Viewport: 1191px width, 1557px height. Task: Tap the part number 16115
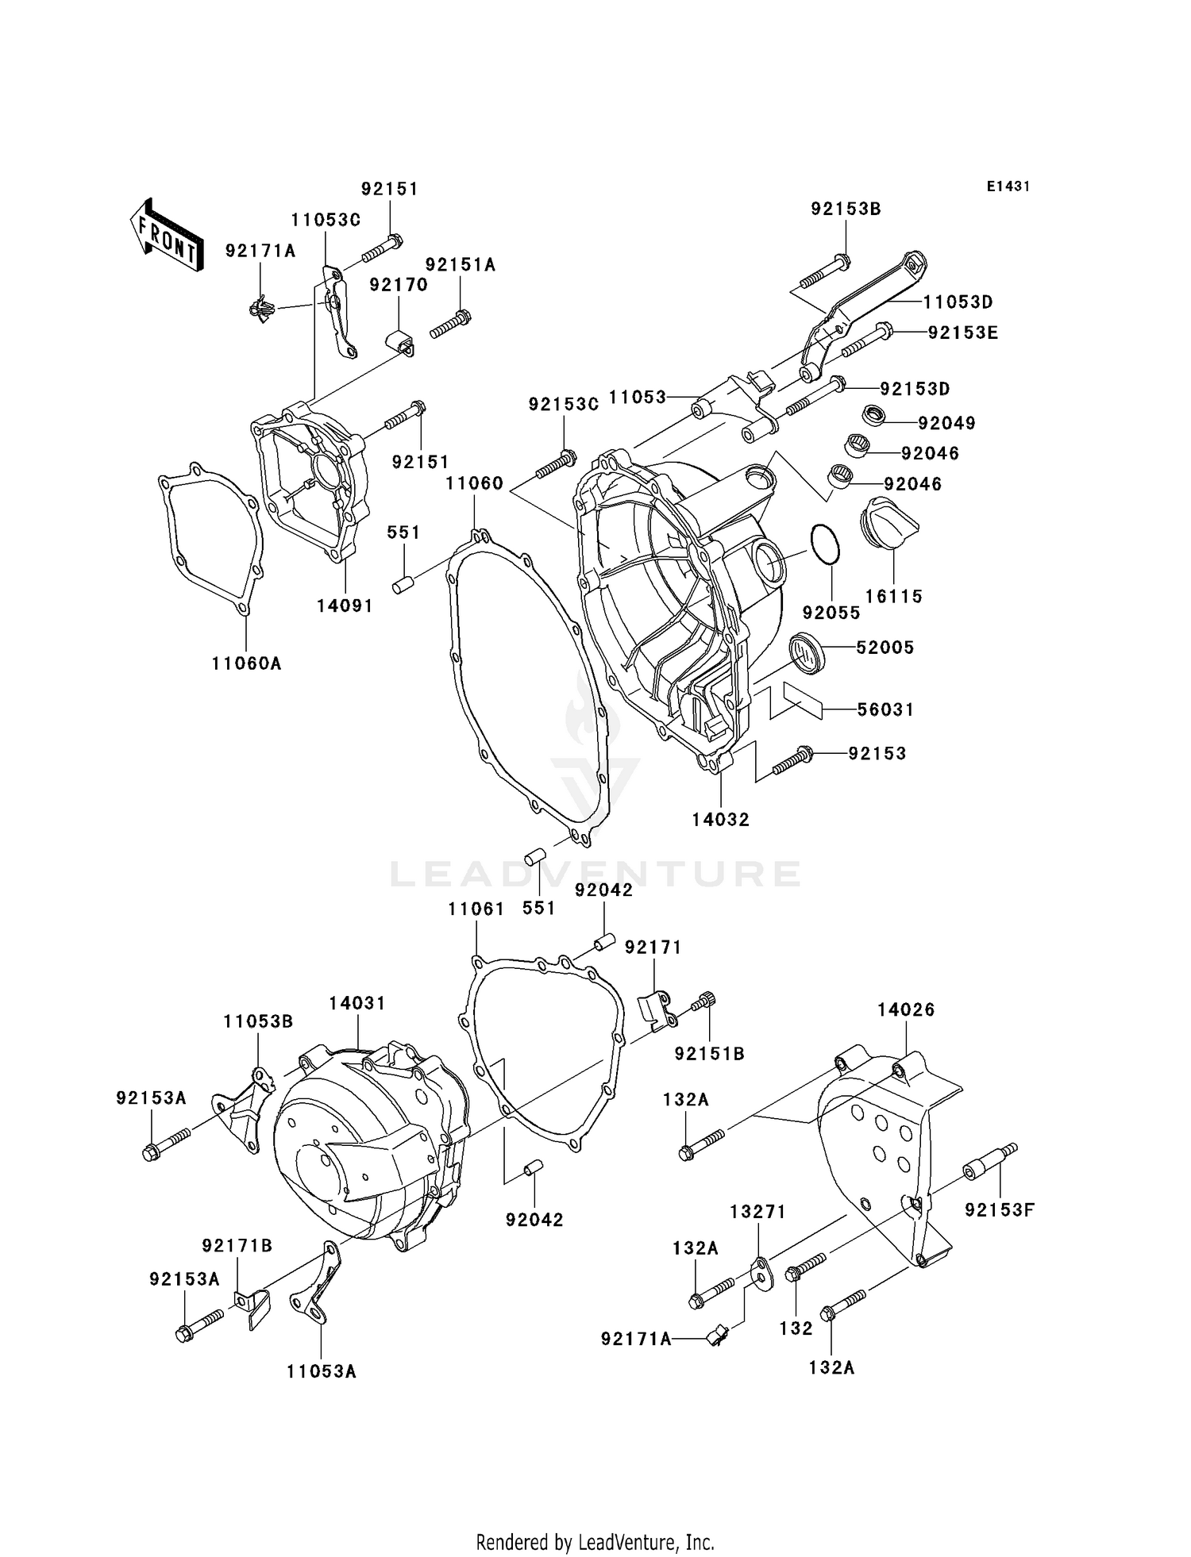point(893,596)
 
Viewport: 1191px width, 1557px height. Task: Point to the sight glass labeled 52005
point(806,652)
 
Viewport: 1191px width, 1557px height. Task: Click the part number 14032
point(720,820)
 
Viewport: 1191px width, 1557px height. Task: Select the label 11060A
point(246,663)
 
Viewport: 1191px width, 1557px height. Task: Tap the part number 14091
point(345,605)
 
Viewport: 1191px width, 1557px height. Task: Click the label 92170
point(399,284)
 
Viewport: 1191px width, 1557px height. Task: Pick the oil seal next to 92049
point(875,414)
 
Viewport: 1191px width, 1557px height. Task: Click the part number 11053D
point(958,302)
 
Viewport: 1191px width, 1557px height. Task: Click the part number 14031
point(357,1003)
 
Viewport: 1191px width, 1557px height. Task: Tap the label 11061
point(476,909)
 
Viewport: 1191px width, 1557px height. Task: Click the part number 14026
point(906,1009)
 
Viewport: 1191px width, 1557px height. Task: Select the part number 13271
point(758,1212)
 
